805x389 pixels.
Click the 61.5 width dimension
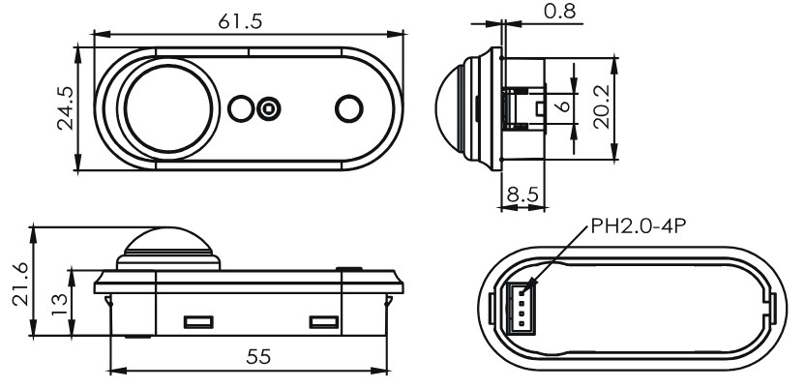click(240, 21)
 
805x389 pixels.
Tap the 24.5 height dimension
click(66, 108)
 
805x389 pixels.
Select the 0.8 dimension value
click(559, 11)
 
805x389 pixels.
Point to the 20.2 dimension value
click(601, 106)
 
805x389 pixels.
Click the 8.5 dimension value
click(522, 195)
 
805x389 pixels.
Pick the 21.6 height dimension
click(21, 284)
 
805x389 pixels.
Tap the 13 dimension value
click(60, 304)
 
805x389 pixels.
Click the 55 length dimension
click(258, 356)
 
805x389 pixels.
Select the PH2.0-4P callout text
click(639, 225)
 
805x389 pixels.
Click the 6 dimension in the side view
click(564, 106)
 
